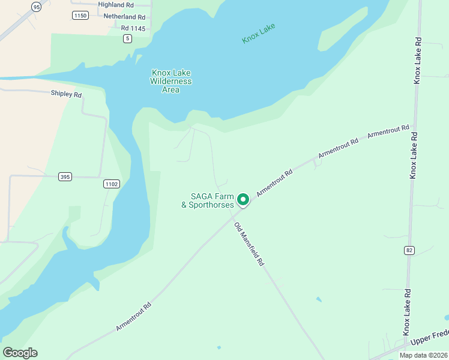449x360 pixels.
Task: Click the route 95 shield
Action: pos(37,7)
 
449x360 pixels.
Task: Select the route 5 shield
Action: pos(127,38)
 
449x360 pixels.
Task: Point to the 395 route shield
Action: pos(65,176)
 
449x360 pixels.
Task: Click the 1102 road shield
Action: pos(111,184)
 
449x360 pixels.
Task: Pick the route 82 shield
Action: pos(409,250)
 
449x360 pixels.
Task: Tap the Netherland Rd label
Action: pos(124,17)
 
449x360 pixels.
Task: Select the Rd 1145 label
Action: pos(133,28)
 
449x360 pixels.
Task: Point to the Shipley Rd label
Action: pos(66,94)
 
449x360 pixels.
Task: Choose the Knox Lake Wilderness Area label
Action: pos(170,81)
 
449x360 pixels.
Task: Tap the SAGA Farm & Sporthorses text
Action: pos(207,200)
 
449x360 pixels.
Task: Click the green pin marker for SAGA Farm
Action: pos(243,199)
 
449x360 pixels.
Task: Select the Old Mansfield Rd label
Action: pos(249,244)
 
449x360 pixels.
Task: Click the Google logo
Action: pos(20,353)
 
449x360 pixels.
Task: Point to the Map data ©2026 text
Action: pos(424,355)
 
